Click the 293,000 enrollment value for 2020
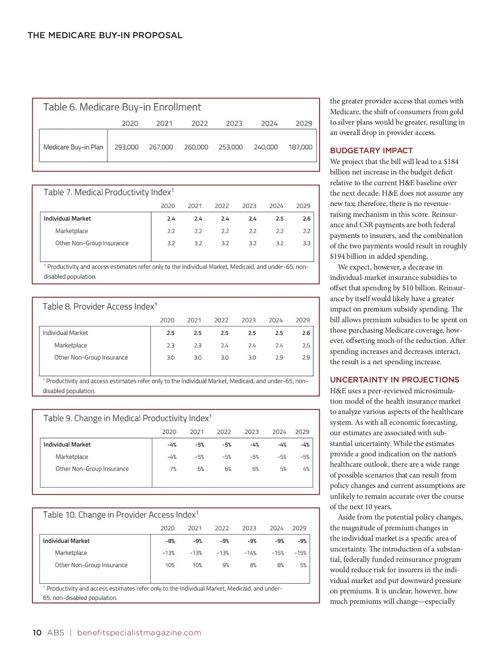click(126, 147)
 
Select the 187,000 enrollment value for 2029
click(300, 147)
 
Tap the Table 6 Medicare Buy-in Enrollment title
click(122, 107)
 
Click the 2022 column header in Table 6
click(199, 123)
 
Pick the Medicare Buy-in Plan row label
click(73, 147)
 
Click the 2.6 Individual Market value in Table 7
click(306, 218)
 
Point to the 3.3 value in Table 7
click(306, 243)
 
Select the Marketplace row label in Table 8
click(71, 345)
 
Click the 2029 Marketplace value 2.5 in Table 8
click(306, 345)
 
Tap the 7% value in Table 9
click(173, 469)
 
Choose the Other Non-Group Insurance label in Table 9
click(92, 469)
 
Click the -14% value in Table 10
click(252, 553)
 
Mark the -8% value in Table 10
click(170, 541)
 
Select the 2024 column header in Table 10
click(276, 528)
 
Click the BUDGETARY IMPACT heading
click(371, 151)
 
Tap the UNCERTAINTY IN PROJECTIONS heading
click(394, 380)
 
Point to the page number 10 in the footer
click(37, 632)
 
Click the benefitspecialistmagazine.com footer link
click(139, 632)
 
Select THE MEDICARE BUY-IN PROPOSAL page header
click(105, 35)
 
